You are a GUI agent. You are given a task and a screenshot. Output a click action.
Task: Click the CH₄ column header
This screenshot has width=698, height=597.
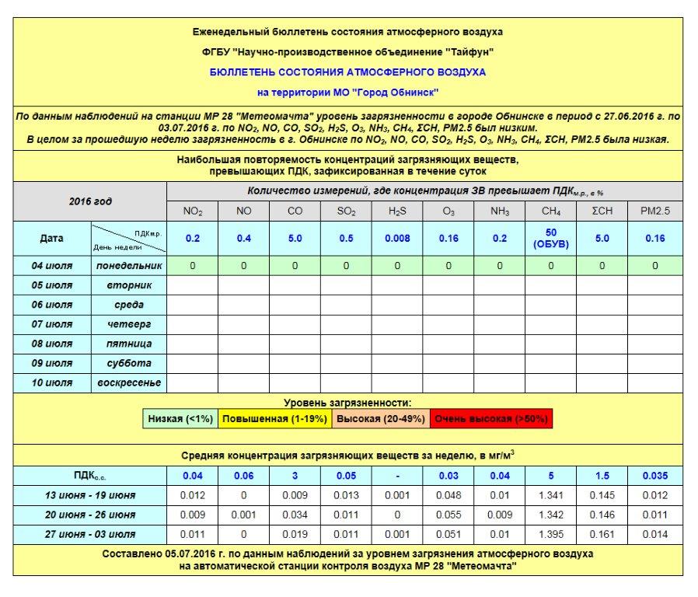tap(550, 211)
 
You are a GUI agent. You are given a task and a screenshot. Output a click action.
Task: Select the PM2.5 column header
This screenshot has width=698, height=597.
tap(654, 211)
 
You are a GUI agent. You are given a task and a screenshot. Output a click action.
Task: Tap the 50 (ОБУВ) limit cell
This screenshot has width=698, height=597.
tap(550, 239)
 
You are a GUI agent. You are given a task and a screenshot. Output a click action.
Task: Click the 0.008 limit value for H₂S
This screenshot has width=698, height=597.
tap(397, 239)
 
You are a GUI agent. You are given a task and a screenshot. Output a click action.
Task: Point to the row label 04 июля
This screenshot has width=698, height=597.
tap(52, 266)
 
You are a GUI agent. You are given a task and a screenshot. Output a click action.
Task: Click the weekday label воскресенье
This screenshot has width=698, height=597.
tap(129, 383)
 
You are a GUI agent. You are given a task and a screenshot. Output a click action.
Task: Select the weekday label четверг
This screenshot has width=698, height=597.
tap(129, 324)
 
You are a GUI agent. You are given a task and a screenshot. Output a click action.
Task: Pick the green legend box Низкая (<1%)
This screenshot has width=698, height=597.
tap(180, 419)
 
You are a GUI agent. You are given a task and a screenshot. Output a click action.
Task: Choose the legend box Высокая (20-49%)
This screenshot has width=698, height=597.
tap(379, 419)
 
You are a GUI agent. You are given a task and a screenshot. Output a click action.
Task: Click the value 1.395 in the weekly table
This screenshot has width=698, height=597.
tap(550, 534)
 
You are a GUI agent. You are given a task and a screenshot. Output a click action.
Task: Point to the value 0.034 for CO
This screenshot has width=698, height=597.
tap(295, 515)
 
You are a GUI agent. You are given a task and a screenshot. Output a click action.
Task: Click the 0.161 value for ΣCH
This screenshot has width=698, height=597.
tap(602, 534)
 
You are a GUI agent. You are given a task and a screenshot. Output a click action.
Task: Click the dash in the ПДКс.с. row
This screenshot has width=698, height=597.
tap(397, 476)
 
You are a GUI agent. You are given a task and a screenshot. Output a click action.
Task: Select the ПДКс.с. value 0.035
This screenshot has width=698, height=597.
tap(654, 476)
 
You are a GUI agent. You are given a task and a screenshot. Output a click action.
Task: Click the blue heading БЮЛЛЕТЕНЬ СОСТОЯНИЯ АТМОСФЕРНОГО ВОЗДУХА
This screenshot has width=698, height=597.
tap(347, 72)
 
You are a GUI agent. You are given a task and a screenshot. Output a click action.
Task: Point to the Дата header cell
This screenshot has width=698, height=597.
tap(52, 239)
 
